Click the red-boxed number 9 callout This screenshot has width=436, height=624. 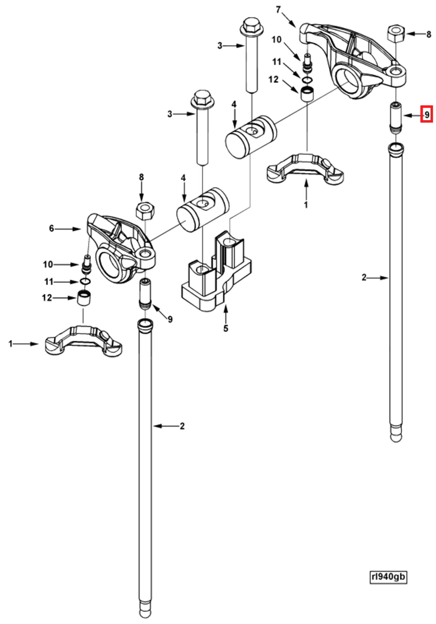(x=426, y=114)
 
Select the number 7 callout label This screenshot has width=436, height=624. (x=278, y=10)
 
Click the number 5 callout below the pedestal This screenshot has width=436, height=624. (x=226, y=328)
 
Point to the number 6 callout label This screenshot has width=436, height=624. (x=51, y=228)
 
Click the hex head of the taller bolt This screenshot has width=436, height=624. (x=251, y=26)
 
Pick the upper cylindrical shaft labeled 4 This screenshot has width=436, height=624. (x=251, y=137)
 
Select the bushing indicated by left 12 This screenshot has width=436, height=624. (x=84, y=299)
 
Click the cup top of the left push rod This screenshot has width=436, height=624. (x=145, y=324)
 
